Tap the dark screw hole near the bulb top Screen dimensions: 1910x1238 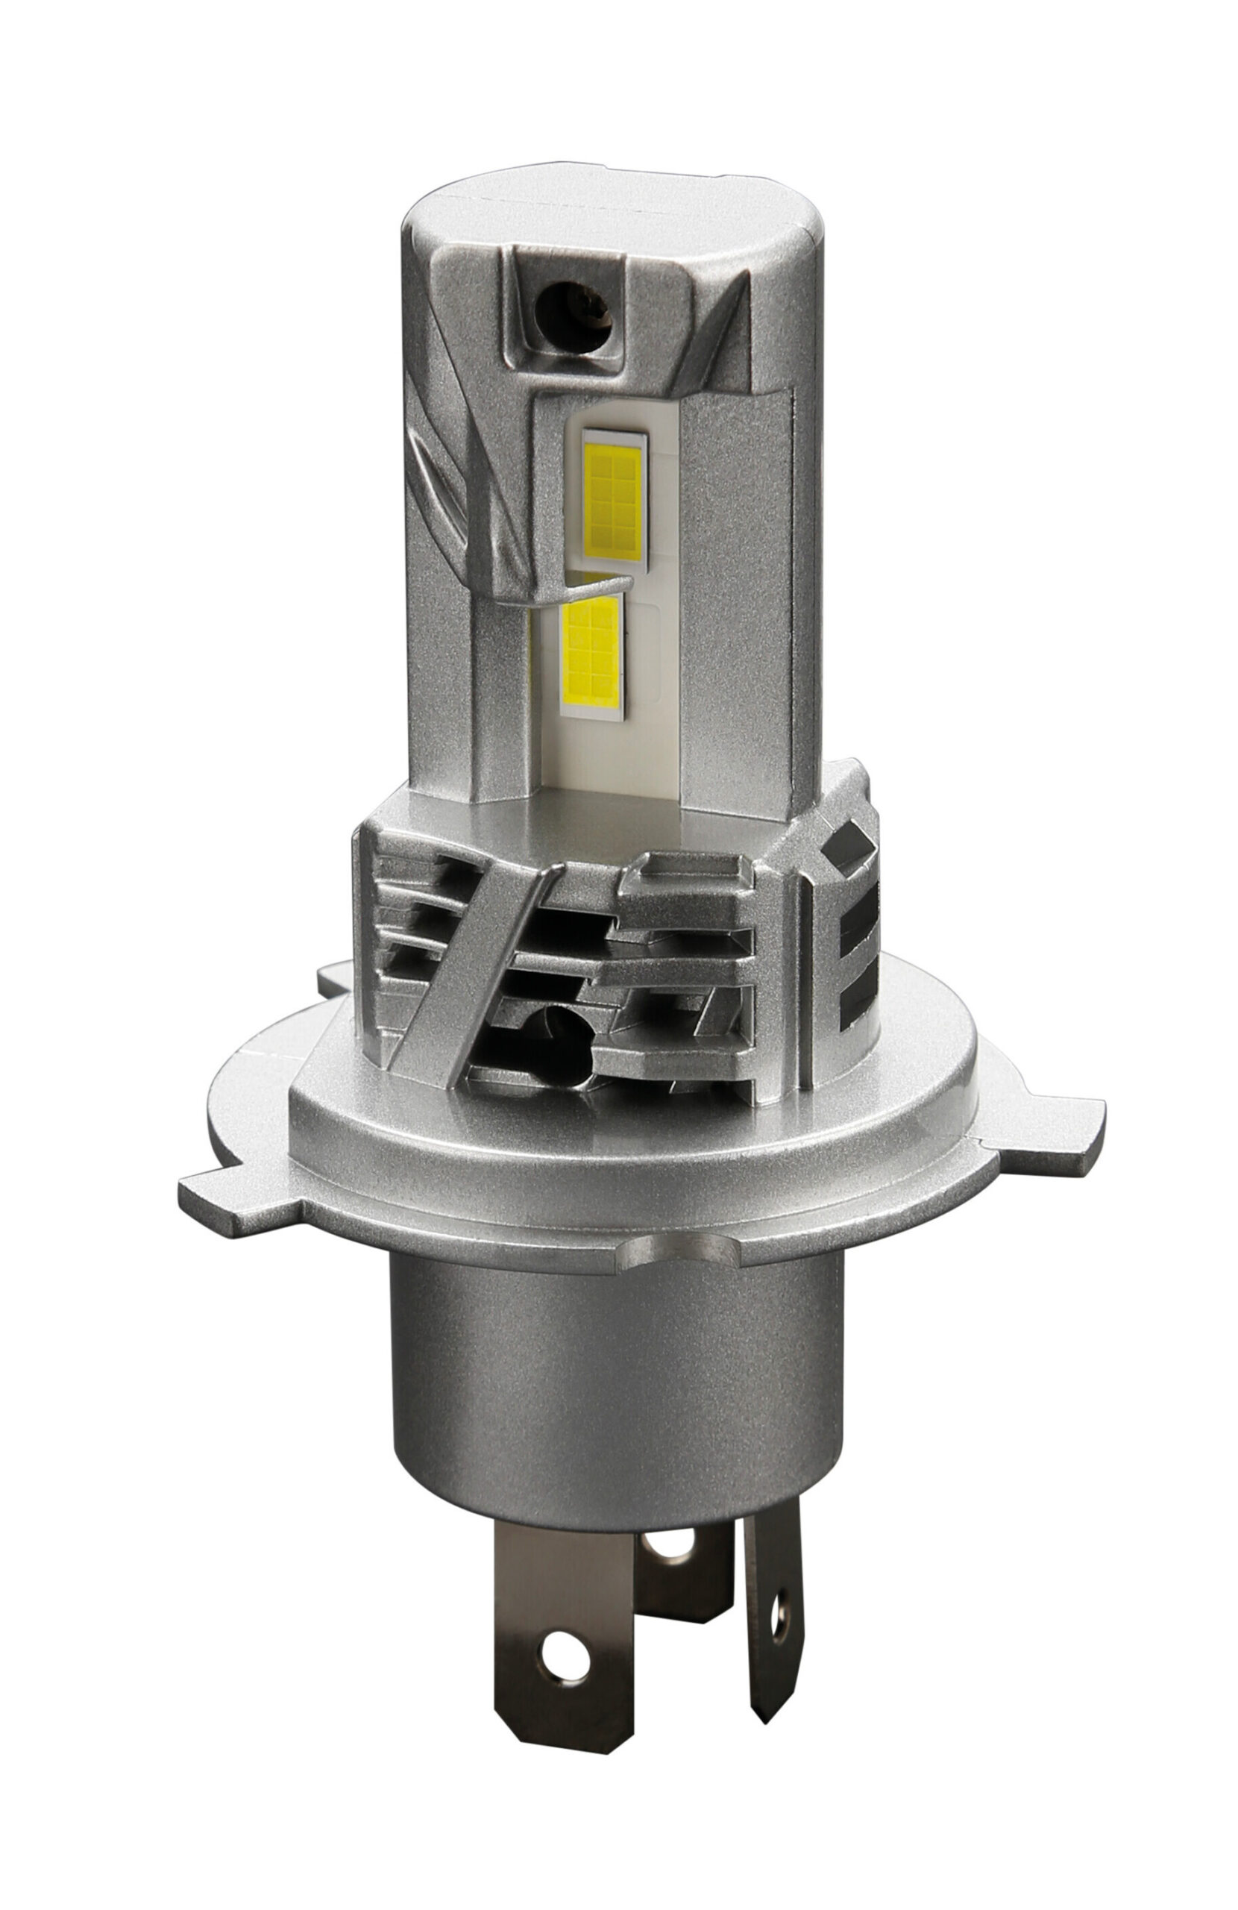click(572, 317)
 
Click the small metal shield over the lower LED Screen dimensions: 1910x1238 click(553, 591)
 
